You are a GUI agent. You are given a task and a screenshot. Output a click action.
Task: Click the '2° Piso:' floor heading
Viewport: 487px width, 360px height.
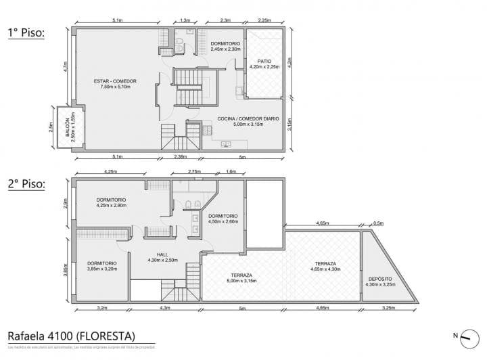[x=26, y=183]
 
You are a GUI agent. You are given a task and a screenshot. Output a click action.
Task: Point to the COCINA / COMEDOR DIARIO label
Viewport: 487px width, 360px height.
[x=248, y=119]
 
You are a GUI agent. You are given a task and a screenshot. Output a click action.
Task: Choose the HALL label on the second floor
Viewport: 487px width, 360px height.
[x=162, y=256]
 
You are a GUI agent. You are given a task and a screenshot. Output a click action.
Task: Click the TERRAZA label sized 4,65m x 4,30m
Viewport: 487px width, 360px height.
[x=325, y=263]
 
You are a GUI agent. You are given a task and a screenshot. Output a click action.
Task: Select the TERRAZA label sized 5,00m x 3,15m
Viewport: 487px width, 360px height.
[x=241, y=275]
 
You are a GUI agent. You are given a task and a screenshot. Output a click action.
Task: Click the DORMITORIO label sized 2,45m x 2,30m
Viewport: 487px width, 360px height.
[x=225, y=44]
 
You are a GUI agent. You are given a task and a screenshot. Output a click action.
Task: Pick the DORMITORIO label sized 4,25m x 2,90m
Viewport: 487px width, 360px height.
[x=112, y=200]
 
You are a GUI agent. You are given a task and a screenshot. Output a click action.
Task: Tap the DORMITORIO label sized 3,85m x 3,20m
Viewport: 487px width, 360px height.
[x=101, y=263]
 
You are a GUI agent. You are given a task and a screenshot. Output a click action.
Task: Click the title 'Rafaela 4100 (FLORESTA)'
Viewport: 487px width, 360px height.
[x=71, y=336]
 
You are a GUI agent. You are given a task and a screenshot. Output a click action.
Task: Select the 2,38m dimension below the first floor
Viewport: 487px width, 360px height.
[x=181, y=157]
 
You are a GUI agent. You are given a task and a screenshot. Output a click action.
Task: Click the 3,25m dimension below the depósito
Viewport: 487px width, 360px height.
[x=388, y=308]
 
